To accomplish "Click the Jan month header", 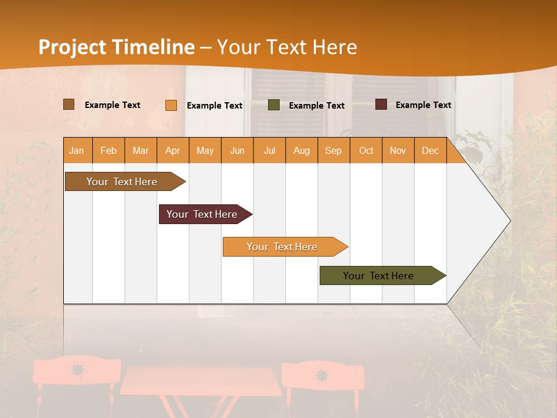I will [77, 150].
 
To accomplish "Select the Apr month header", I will [172, 150].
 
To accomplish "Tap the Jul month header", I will [269, 150].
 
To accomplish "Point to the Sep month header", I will [333, 150].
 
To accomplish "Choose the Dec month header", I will [430, 150].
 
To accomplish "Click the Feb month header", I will [108, 150].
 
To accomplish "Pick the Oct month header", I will [366, 150].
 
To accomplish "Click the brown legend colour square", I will [68, 105].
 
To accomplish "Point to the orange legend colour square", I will [171, 105].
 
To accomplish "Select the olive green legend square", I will [274, 105].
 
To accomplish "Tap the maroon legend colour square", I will [381, 105].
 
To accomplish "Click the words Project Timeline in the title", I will [117, 47].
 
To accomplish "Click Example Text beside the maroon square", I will [423, 105].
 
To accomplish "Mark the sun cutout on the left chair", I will [77, 370].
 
